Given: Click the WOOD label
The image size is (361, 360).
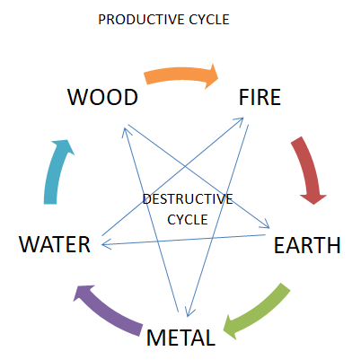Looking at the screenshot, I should (x=101, y=97).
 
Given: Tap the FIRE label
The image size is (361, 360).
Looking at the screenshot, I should (x=260, y=97).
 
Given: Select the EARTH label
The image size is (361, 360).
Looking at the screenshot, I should (x=307, y=244).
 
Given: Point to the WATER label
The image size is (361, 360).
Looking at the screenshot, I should (x=55, y=244).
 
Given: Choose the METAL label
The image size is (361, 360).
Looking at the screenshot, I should (x=180, y=338).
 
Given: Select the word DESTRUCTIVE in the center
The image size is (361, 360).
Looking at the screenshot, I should (x=188, y=198).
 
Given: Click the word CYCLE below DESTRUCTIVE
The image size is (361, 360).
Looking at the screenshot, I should (x=188, y=218).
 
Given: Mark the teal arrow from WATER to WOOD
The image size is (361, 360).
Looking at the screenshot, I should (x=57, y=170).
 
